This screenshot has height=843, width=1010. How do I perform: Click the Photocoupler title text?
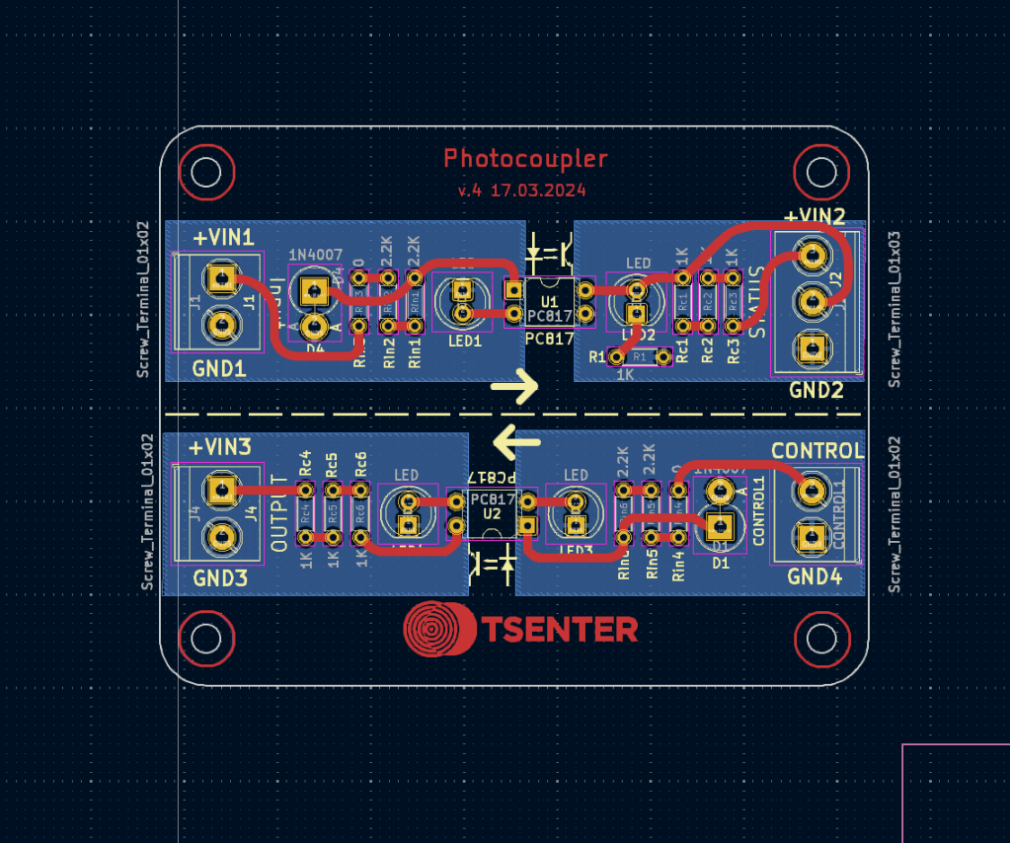click(525, 158)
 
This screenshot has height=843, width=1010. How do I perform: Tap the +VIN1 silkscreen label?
click(222, 238)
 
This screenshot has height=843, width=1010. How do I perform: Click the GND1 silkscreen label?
click(219, 369)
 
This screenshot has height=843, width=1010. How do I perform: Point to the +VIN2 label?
click(815, 216)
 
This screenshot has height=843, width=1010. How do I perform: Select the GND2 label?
click(816, 390)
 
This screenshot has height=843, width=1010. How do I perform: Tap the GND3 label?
click(220, 578)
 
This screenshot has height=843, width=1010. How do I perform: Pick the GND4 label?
click(815, 576)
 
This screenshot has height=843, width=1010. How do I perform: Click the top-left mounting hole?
click(205, 173)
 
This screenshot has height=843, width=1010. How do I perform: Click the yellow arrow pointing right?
click(514, 387)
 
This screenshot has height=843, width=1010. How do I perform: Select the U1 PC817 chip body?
click(549, 302)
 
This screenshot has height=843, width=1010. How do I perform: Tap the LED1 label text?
click(464, 341)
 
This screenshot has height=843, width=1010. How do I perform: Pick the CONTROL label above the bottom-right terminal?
click(817, 451)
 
